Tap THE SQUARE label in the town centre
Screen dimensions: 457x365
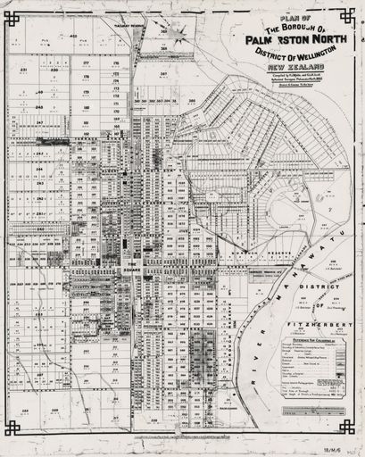pos(132,268)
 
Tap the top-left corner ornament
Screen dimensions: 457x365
pos(12,17)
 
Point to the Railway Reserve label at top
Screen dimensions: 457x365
pos(130,26)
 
